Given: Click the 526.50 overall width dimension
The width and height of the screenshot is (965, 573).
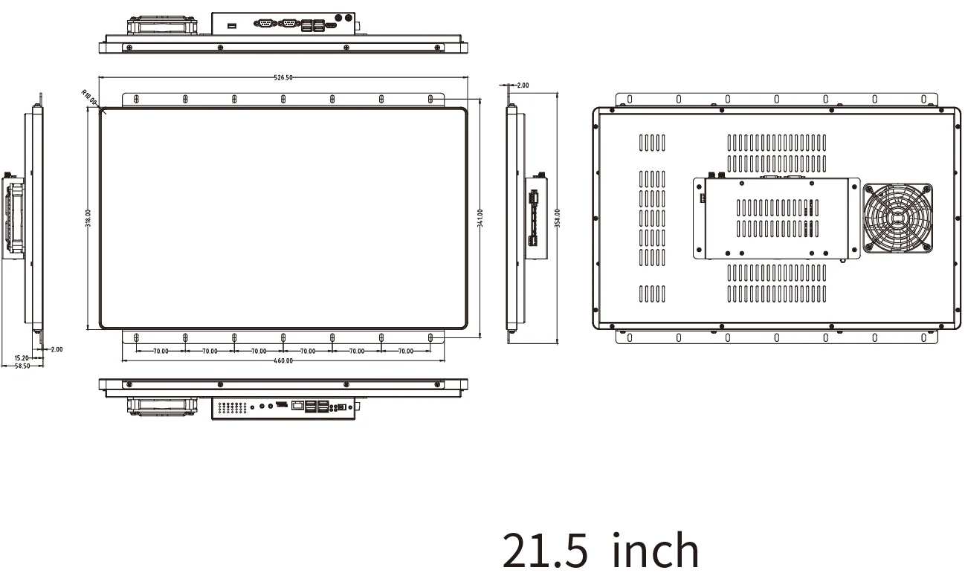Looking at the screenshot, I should (283, 77).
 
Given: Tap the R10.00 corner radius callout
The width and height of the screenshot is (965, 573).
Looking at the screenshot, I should (89, 97).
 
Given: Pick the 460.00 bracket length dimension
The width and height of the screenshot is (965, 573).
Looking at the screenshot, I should (283, 360).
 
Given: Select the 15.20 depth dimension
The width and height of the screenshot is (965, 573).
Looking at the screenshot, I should (22, 357).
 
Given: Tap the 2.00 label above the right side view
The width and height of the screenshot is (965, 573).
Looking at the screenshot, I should (523, 85).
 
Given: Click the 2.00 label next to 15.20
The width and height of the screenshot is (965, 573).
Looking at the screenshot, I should (57, 349).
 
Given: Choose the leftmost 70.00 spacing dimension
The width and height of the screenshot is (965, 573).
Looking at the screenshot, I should (161, 351).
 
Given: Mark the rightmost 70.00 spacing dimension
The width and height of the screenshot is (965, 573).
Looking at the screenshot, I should (405, 351).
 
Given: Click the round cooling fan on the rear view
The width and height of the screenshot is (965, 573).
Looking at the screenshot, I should (897, 218).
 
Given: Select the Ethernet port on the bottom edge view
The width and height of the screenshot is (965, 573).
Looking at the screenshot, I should (297, 406).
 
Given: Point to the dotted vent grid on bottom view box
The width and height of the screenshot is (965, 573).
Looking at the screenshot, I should (233, 408).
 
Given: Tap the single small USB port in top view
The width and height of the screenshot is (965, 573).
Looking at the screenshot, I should (232, 27).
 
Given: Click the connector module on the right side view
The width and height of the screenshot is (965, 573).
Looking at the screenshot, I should (536, 218).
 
